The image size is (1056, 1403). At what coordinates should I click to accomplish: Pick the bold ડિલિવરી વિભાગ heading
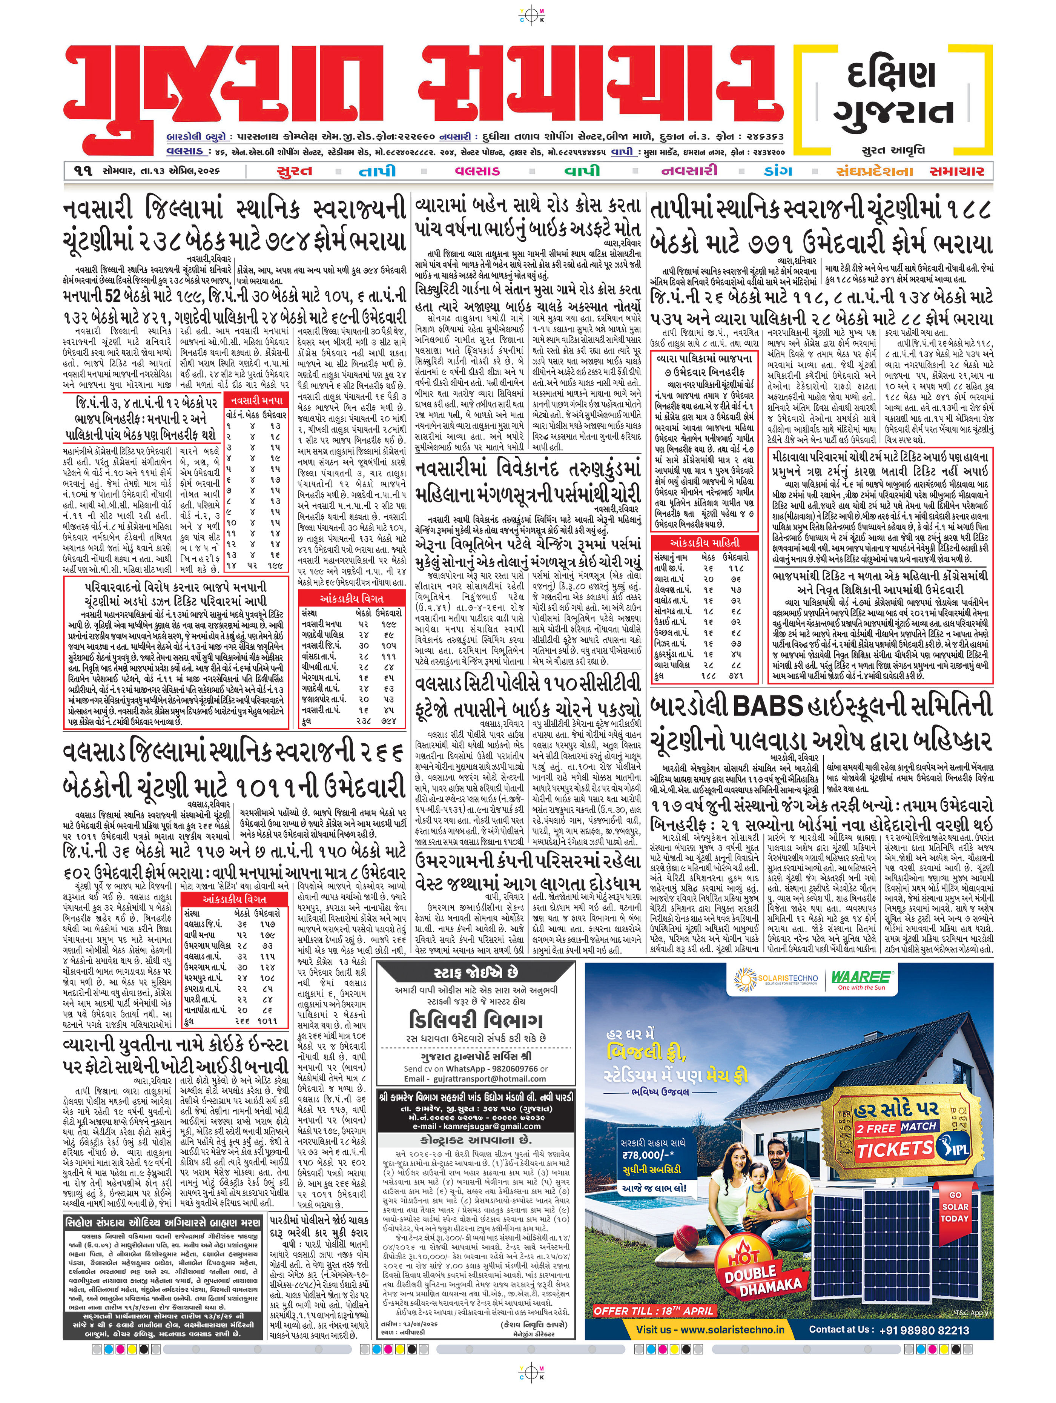click(476, 1020)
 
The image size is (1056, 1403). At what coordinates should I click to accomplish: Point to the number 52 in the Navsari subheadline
click(112, 296)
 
